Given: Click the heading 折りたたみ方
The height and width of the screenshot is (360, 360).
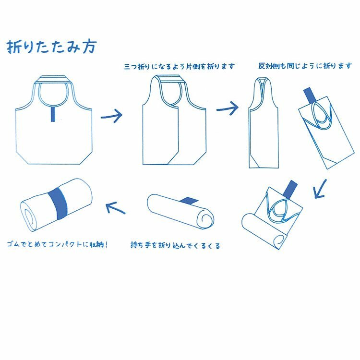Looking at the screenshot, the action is click(51, 47).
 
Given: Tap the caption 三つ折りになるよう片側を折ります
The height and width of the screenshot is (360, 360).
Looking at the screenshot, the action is click(180, 66).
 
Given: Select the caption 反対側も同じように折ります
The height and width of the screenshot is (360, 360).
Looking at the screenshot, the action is click(305, 66).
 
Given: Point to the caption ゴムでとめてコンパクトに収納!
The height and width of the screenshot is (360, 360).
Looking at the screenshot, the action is click(58, 244).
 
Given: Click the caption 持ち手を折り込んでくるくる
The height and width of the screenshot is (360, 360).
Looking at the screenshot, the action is click(175, 245).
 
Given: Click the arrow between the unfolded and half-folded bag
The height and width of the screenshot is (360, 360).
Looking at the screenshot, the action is click(112, 116).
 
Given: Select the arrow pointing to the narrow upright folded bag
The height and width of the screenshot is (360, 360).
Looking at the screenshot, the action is click(228, 108).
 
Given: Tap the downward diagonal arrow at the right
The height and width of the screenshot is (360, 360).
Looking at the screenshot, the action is click(320, 189).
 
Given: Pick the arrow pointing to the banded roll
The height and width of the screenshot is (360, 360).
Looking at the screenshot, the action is click(116, 207).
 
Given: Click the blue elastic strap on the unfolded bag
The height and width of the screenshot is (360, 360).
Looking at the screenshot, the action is click(53, 114).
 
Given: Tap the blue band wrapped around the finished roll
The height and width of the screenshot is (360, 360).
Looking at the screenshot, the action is click(59, 203).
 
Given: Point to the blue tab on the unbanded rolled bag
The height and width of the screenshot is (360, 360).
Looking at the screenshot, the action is click(189, 201).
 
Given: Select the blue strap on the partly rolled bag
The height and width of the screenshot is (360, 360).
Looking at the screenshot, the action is click(290, 189).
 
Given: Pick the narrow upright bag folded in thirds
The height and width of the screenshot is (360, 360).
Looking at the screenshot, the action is click(264, 123).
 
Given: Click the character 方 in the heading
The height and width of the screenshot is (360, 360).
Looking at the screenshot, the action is click(89, 47).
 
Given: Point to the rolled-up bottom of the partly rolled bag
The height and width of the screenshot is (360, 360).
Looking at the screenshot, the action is click(264, 231).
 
